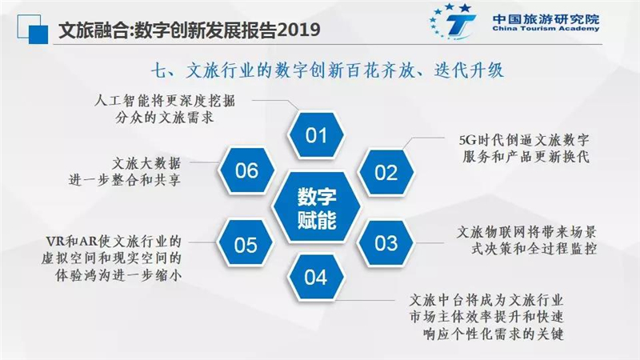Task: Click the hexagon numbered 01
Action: tap(315, 135)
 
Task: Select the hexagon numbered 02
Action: tap(386, 172)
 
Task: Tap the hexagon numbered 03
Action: tap(386, 243)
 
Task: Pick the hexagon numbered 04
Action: tap(315, 278)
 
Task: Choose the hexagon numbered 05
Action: tap(246, 244)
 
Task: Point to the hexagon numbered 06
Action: tap(246, 170)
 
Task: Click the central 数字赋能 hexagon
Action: tap(316, 208)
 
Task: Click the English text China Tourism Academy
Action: tap(546, 29)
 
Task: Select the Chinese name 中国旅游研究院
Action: tap(546, 18)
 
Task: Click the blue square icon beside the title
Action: tap(33, 30)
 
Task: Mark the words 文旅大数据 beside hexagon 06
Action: tap(146, 164)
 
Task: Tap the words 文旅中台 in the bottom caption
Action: tap(437, 301)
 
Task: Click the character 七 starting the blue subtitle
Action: tap(159, 70)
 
